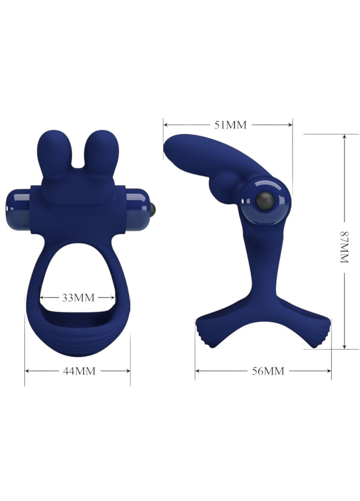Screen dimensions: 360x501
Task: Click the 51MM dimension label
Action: tap(230, 125)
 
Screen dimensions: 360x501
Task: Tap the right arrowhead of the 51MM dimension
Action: tap(290, 125)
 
